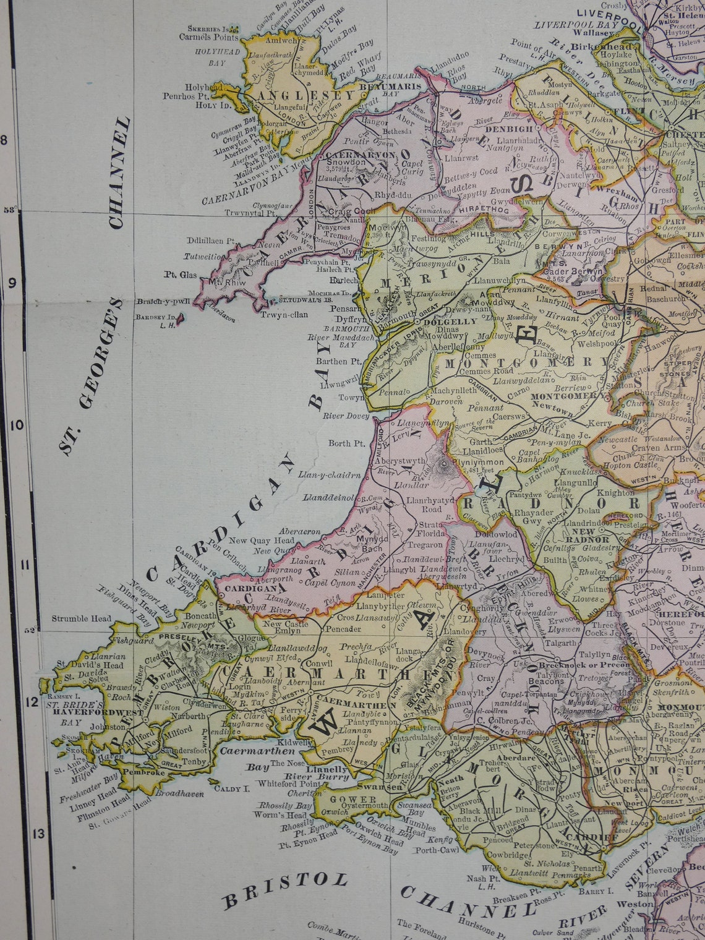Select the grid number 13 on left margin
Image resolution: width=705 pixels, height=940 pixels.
(x=39, y=833)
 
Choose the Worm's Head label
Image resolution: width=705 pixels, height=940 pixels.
(x=284, y=816)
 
